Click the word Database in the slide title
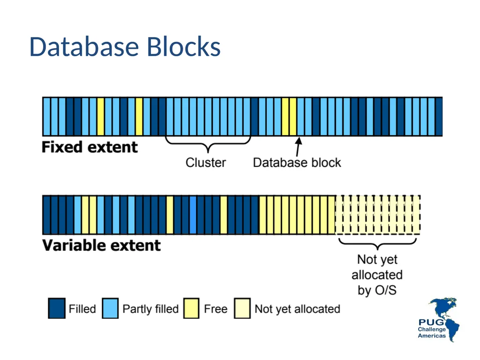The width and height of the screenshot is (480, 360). coord(84,47)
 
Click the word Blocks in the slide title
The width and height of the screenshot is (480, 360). coord(184,47)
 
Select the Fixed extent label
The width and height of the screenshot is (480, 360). coord(90,147)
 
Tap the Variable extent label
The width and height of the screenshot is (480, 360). coord(101,246)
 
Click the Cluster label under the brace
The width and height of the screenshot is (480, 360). coord(206,163)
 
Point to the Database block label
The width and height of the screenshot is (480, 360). coord(297,163)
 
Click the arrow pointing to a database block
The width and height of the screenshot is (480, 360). coord(298,147)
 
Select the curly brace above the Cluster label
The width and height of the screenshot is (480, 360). coord(208,143)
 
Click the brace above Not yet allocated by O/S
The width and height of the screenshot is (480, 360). coord(377,244)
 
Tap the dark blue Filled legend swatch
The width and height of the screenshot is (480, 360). coord(57,308)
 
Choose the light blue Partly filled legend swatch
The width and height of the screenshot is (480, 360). coord(110,308)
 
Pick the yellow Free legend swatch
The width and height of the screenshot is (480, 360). coord(191,308)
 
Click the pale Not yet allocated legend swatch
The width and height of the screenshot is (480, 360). coord(242,308)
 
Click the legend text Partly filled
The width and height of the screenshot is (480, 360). coord(150,309)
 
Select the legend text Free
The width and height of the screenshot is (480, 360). coord(216,309)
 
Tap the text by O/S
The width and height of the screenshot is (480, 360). coord(377,290)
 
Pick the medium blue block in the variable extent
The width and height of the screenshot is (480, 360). coord(193,215)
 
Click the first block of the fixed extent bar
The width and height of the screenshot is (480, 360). coord(46,116)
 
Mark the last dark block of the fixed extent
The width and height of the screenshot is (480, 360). coord(439,116)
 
